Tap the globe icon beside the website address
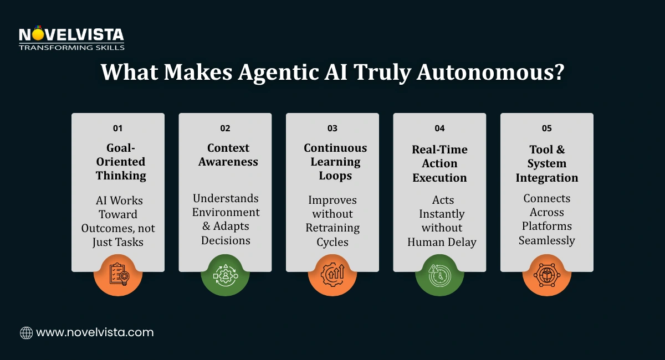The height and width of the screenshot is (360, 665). [26, 333]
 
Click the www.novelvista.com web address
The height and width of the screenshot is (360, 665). [95, 333]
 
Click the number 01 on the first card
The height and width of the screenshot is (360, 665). [117, 128]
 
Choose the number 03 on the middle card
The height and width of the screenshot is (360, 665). [332, 128]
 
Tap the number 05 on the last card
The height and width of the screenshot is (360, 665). [546, 128]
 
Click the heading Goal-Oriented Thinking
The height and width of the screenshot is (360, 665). [118, 162]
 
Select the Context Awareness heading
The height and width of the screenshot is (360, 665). [225, 155]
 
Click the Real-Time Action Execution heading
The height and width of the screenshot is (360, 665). [439, 163]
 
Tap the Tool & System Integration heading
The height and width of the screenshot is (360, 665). [546, 163]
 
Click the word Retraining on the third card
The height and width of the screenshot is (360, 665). [332, 228]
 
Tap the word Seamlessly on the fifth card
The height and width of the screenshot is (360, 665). [546, 240]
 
